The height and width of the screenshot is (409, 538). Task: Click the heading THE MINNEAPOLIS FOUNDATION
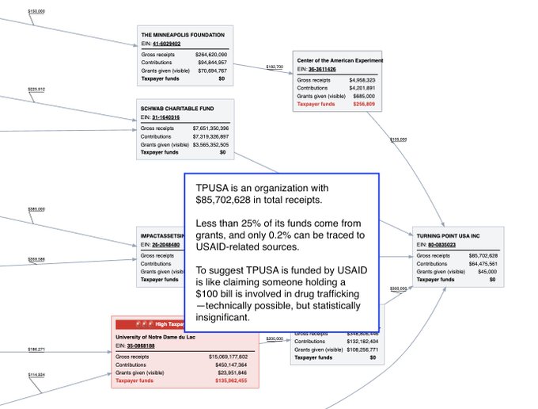183,35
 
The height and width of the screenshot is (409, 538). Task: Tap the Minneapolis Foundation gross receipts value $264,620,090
206,55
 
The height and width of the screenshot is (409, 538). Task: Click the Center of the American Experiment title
339,60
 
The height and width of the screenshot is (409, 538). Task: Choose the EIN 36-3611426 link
321,69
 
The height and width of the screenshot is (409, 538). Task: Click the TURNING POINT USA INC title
448,236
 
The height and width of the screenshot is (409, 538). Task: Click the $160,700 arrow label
274,67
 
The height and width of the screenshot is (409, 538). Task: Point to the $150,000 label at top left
36,12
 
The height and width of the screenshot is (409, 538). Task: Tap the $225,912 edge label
36,90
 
